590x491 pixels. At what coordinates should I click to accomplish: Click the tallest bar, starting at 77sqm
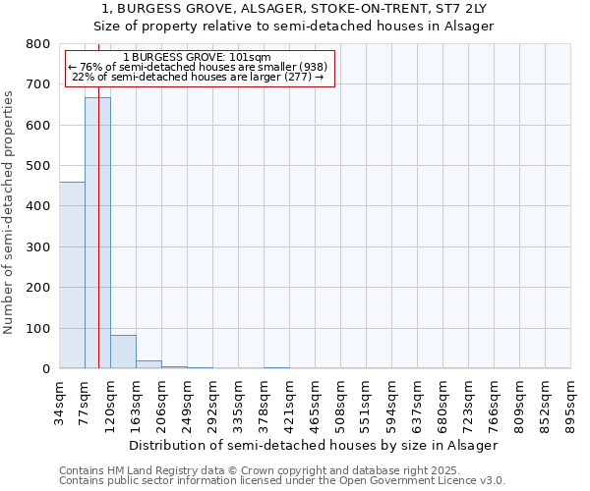coord(97,233)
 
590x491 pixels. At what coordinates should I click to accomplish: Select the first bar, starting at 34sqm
coord(72,275)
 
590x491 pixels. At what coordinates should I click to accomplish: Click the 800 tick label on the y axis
coord(37,44)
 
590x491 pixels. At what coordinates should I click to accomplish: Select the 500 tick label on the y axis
coord(37,166)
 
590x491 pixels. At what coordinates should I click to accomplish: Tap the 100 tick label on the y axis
coord(37,328)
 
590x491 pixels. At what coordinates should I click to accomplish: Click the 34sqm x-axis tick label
coord(60,403)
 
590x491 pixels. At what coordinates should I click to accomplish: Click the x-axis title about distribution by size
coord(314,445)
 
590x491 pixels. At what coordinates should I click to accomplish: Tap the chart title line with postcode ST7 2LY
coord(295,9)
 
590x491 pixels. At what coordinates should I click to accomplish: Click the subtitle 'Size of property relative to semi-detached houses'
coord(295,26)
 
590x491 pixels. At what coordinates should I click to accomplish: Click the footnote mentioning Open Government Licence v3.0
coord(282,481)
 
